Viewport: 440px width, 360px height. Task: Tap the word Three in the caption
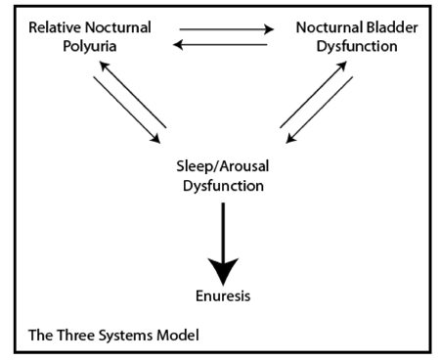point(72,334)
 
